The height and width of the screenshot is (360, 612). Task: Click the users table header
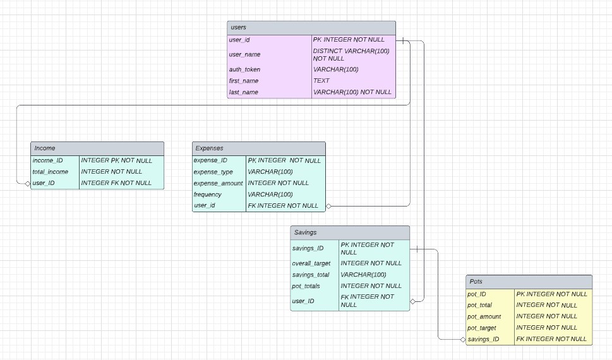click(311, 28)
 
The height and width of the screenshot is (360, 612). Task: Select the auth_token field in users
click(244, 69)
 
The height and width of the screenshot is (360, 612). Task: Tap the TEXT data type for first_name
click(321, 81)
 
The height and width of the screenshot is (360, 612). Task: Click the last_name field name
click(243, 92)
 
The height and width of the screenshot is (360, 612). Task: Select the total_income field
click(51, 172)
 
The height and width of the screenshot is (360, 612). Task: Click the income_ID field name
click(47, 160)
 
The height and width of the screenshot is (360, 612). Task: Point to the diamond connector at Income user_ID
click(27, 183)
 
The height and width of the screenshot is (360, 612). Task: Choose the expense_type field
click(213, 172)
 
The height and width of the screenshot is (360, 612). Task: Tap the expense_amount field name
click(218, 183)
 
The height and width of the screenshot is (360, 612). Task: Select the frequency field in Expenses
click(208, 195)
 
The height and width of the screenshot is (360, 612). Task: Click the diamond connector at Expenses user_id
click(329, 206)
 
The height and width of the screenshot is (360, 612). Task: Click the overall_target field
click(311, 263)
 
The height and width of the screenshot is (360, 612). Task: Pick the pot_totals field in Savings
click(306, 286)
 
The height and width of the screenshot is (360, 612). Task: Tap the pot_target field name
click(482, 328)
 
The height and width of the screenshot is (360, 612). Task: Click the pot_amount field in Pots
click(484, 316)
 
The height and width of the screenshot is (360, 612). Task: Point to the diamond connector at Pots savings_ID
click(463, 339)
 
